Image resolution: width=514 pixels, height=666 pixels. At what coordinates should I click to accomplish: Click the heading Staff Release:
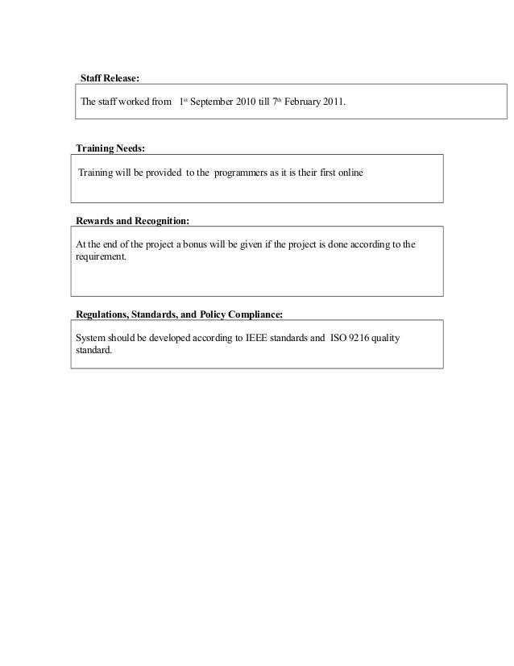(110, 78)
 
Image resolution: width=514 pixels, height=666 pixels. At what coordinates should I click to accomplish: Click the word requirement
(100, 257)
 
